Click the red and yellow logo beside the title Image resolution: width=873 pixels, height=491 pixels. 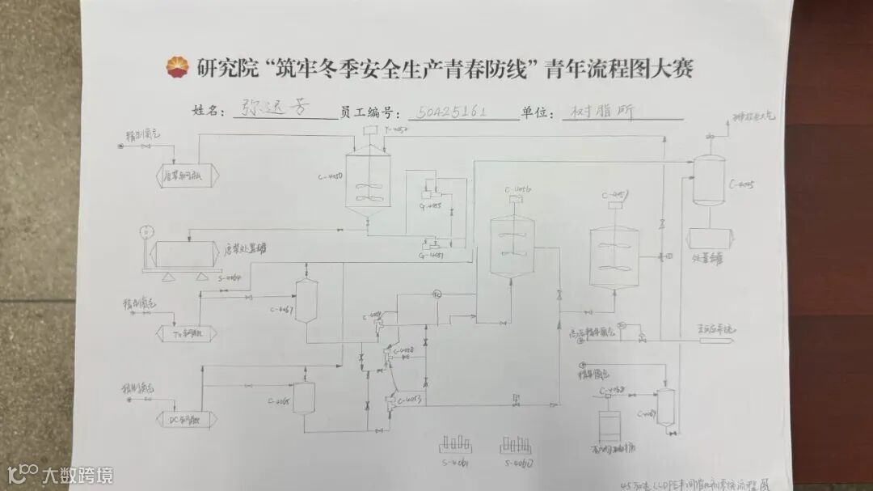175,69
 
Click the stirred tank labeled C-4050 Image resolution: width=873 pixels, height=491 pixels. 367,181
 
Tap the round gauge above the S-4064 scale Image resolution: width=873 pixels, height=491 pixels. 143,231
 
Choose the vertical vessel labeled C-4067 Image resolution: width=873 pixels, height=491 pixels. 306,301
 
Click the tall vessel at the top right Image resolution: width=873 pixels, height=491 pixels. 709,180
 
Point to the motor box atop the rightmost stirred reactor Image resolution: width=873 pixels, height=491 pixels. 614,204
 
